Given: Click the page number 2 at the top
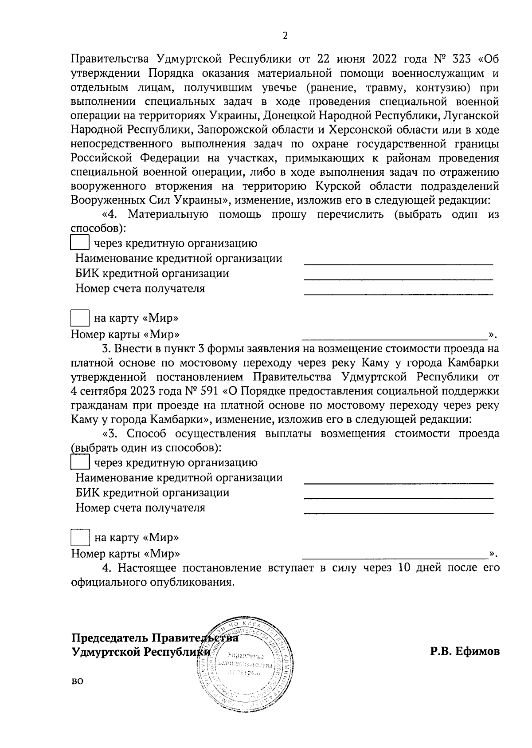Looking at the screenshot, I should click(285, 36).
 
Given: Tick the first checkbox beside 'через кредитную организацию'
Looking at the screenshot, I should click(80, 242).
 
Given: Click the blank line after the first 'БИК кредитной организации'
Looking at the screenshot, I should click(398, 279).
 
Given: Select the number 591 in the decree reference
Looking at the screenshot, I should click(210, 391).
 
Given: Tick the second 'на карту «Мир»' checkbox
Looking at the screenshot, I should click(80, 538).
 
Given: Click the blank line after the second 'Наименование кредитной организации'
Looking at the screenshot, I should click(398, 482).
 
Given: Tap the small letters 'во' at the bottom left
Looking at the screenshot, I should click(77, 681).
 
